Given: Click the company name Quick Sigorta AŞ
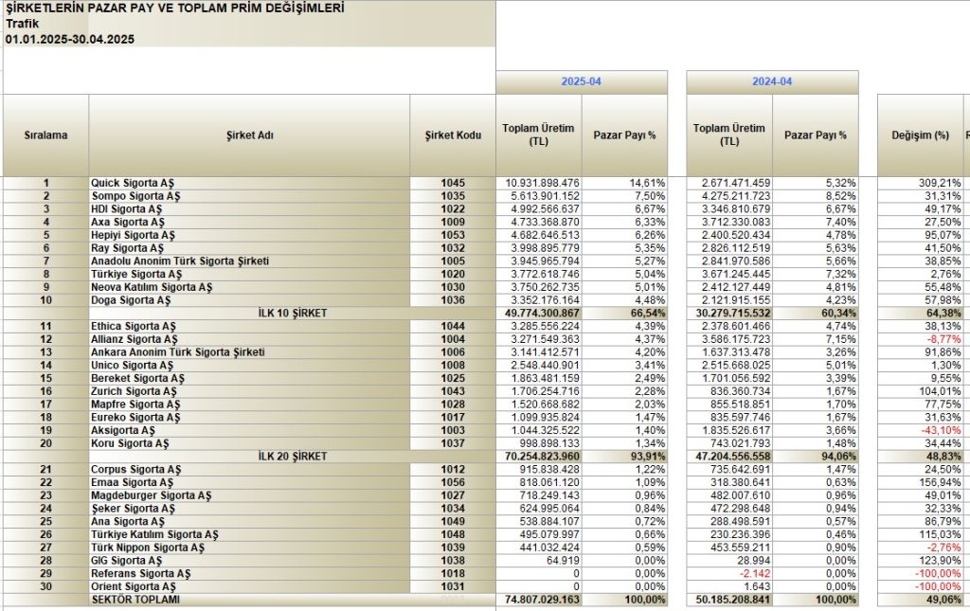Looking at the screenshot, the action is [133, 183].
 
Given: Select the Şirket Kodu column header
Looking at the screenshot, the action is [453, 135].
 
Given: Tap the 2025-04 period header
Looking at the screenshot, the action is [581, 81].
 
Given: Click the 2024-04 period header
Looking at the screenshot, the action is [772, 81].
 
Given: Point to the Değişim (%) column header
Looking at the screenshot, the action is [920, 135].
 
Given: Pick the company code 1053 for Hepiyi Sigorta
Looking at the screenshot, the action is [453, 235].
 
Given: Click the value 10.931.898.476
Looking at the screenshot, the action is [542, 183].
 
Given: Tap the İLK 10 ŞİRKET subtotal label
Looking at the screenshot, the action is [292, 313].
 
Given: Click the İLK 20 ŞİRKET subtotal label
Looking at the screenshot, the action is [292, 457].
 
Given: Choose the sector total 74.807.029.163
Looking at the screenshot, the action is [542, 600].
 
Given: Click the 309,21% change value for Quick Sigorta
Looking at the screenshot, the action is [940, 183].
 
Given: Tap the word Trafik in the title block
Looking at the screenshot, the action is [23, 24].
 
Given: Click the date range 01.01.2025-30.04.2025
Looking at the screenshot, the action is [70, 39].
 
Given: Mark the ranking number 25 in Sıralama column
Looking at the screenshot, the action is [45, 521].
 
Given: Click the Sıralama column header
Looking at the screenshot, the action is [45, 135].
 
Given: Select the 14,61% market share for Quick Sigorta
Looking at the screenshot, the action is [648, 183].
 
